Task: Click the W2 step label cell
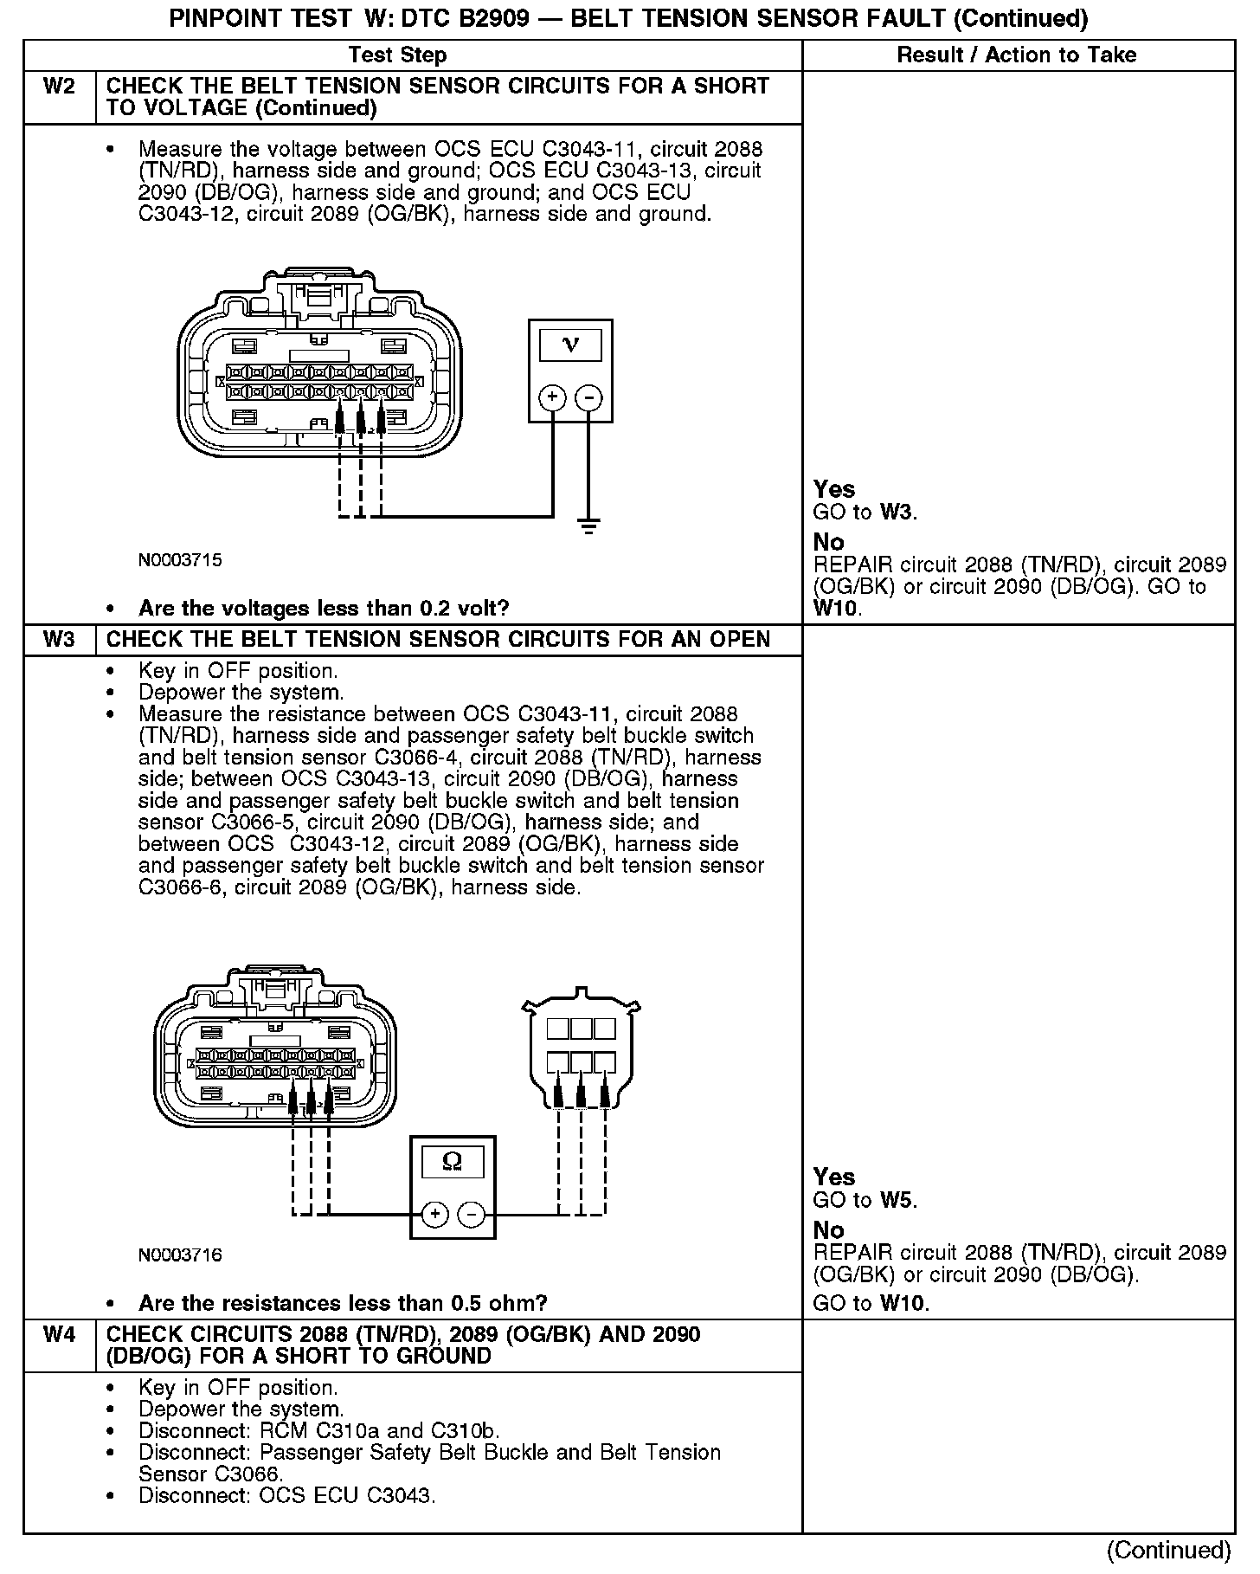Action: click(59, 87)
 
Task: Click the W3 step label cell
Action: click(59, 640)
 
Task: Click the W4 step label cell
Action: click(59, 1334)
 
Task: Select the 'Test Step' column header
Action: click(397, 55)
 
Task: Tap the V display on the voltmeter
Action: click(570, 345)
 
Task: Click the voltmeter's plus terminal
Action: click(552, 397)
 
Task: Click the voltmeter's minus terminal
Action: click(588, 397)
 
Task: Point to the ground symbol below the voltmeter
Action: click(588, 526)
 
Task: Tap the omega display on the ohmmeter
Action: click(452, 1161)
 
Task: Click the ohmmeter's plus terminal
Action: click(434, 1214)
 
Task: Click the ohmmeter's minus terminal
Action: click(471, 1214)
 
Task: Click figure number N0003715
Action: click(180, 560)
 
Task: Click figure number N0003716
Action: click(180, 1255)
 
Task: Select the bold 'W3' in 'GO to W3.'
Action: click(897, 513)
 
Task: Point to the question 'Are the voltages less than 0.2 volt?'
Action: click(324, 609)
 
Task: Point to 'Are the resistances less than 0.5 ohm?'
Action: click(343, 1303)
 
